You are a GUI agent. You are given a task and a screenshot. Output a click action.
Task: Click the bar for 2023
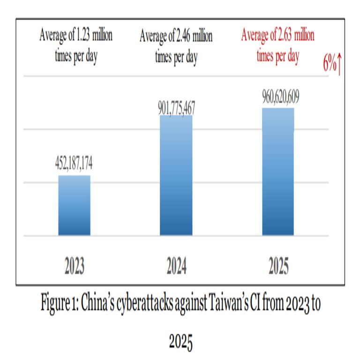point(74,205)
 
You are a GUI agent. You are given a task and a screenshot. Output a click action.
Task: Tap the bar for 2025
point(277,172)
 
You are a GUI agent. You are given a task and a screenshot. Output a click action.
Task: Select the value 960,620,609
point(278,98)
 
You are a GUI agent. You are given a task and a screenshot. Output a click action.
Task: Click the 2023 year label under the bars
point(75,267)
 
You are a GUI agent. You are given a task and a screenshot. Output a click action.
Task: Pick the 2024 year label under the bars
point(176,267)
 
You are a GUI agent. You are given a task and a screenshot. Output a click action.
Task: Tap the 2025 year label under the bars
point(278,267)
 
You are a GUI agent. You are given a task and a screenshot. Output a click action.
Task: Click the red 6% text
point(330,64)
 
